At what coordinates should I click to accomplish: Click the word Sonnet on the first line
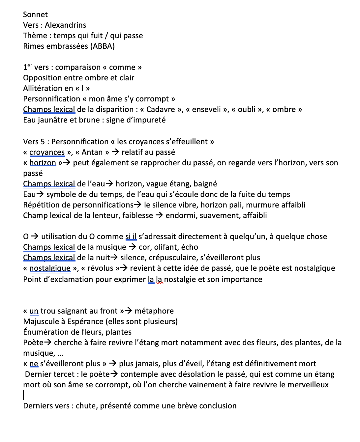pos(35,14)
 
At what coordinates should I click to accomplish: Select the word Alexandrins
pos(66,25)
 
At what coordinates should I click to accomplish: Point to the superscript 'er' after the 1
pos(30,65)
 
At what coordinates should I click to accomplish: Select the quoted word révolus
pos(100,268)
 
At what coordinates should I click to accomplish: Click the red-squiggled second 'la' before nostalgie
pos(159,279)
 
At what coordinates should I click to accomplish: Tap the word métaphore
pos(154,311)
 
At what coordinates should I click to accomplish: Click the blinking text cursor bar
pos(24,395)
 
